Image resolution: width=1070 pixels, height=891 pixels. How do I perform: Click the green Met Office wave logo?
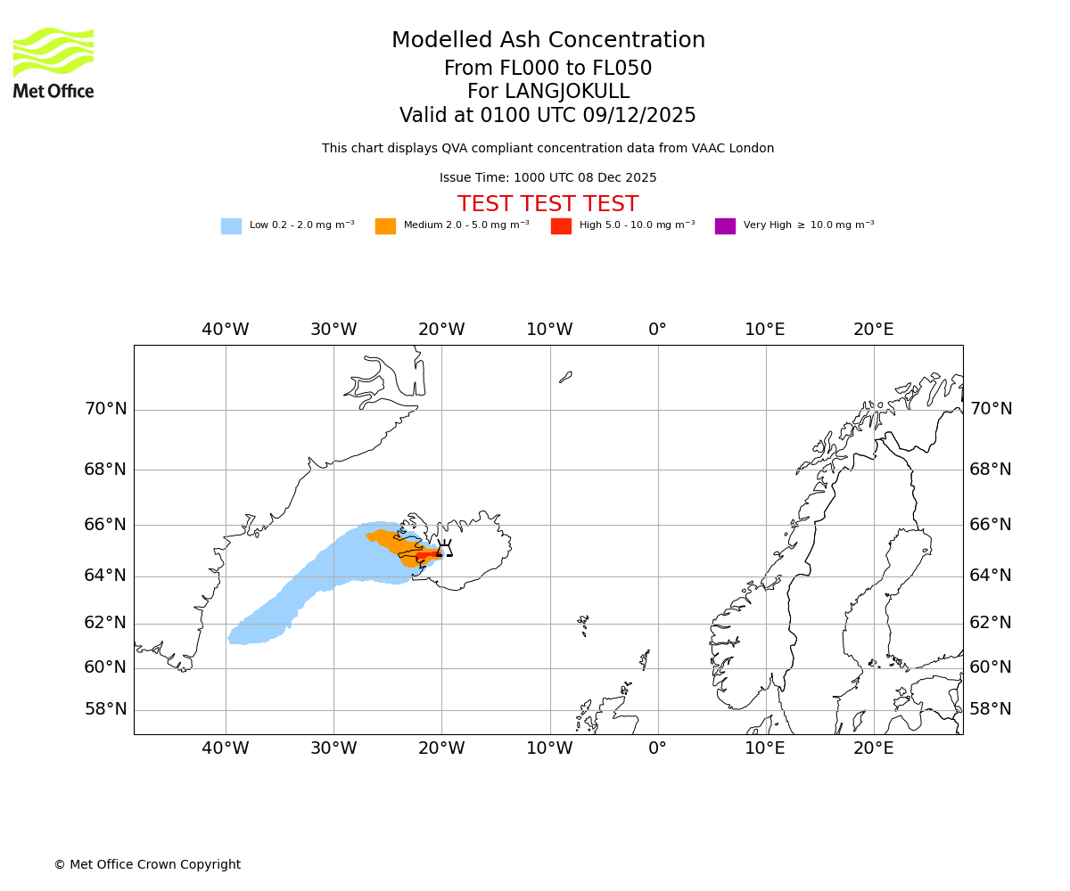pos(53,52)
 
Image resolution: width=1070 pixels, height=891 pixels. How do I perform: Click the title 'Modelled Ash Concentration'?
pos(547,40)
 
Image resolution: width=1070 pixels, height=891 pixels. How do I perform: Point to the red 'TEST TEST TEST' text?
pos(547,204)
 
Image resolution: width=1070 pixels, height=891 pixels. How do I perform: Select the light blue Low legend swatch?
pos(231,225)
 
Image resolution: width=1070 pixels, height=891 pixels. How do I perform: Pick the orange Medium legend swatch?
pos(385,225)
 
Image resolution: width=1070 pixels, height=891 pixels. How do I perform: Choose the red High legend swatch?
pos(561,225)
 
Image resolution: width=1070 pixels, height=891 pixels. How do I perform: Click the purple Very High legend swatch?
pos(725,225)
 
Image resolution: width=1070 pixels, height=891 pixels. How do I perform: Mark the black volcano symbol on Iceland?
pos(444,549)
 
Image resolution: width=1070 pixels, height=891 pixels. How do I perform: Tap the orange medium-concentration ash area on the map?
pos(392,541)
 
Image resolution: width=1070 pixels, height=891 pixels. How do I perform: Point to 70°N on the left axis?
pos(105,409)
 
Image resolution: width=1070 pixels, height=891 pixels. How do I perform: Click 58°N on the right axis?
pos(991,709)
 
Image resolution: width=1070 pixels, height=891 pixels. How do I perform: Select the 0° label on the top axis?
pos(657,330)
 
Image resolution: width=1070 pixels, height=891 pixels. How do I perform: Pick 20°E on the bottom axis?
pos(873,748)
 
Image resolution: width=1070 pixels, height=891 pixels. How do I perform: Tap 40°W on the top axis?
pos(225,330)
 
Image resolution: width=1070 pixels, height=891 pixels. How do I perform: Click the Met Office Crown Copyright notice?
pos(147,864)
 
